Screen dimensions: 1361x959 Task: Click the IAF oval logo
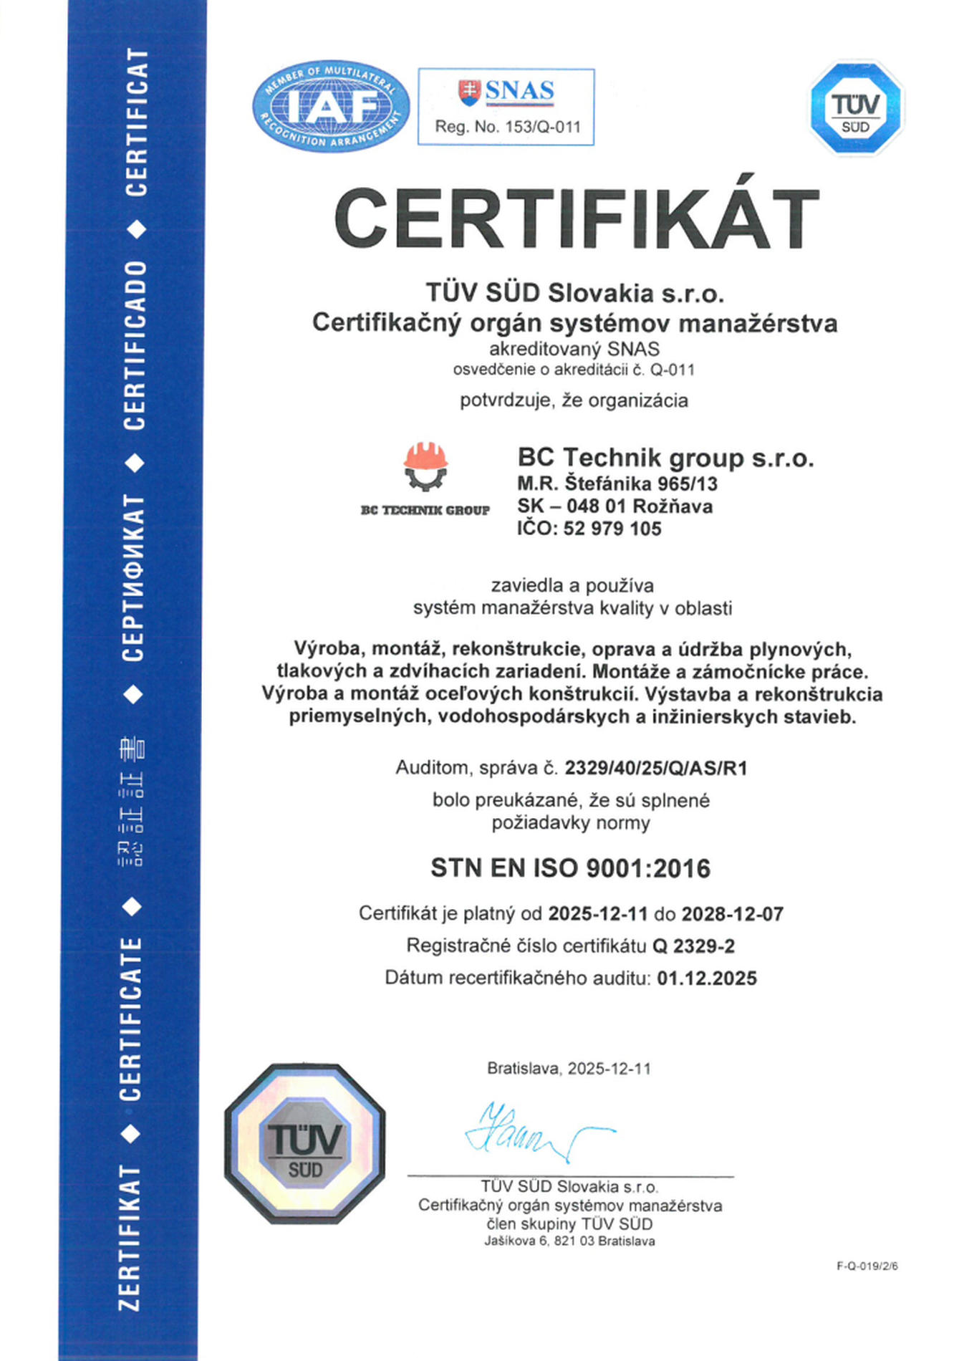[330, 106]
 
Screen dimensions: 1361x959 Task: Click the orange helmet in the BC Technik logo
[425, 456]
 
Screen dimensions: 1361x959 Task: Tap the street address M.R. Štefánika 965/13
[617, 484]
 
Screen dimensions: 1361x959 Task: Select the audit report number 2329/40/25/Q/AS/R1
[655, 768]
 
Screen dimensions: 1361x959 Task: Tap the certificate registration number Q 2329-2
[693, 946]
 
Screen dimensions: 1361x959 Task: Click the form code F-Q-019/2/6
[867, 1266]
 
